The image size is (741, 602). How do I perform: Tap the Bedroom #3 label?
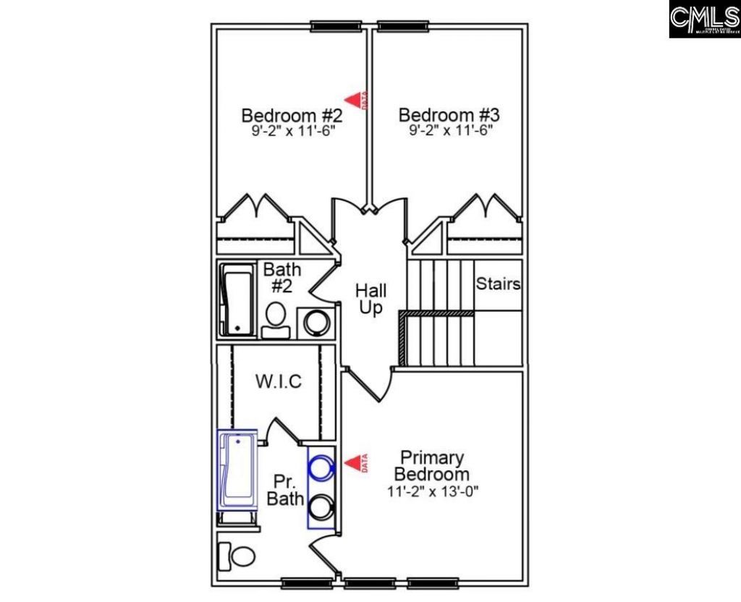[x=449, y=115]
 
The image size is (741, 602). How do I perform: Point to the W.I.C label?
[x=278, y=381]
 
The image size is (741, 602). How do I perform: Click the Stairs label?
[x=498, y=284]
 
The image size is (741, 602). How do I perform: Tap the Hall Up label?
[x=370, y=299]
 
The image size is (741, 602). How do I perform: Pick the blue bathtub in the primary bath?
[x=237, y=470]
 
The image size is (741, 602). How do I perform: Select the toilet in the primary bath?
[x=238, y=556]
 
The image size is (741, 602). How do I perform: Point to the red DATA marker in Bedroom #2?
[x=355, y=100]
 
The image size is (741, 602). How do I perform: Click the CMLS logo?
[x=704, y=20]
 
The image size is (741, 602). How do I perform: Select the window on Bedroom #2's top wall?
[x=336, y=27]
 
